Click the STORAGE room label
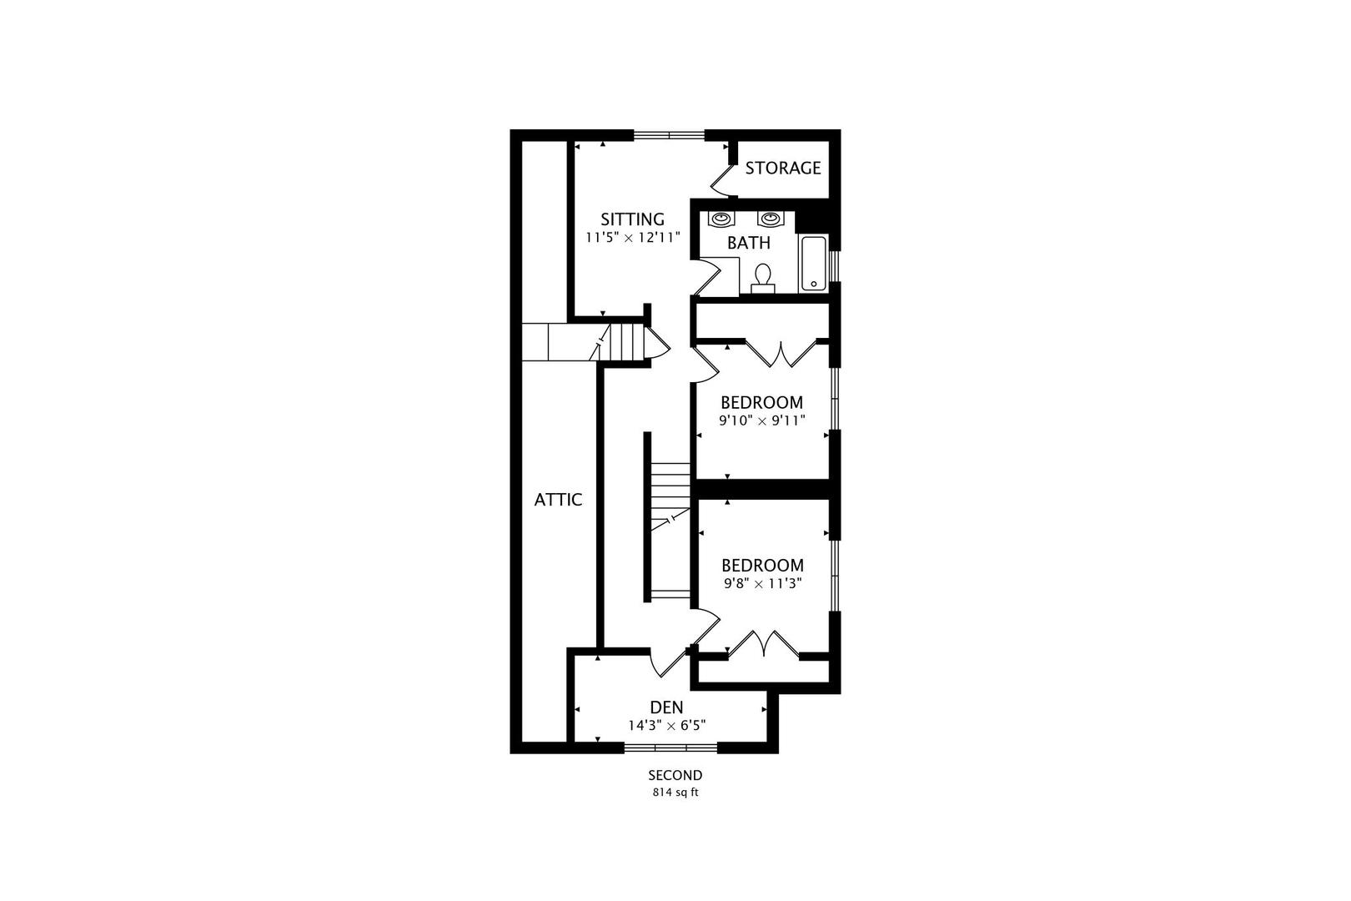(x=782, y=168)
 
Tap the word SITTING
(x=633, y=219)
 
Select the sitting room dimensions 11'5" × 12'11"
(x=633, y=238)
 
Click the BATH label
(x=748, y=244)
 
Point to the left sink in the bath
(x=721, y=219)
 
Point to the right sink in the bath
(x=770, y=219)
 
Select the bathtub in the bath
(x=814, y=264)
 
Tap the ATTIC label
(x=558, y=500)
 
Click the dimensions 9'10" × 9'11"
(x=761, y=420)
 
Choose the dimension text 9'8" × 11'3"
(x=762, y=584)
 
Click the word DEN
(x=666, y=708)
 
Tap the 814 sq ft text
(x=675, y=793)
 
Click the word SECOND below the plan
(x=675, y=776)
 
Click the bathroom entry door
(x=707, y=279)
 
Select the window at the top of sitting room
(x=669, y=134)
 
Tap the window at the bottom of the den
(x=670, y=747)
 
